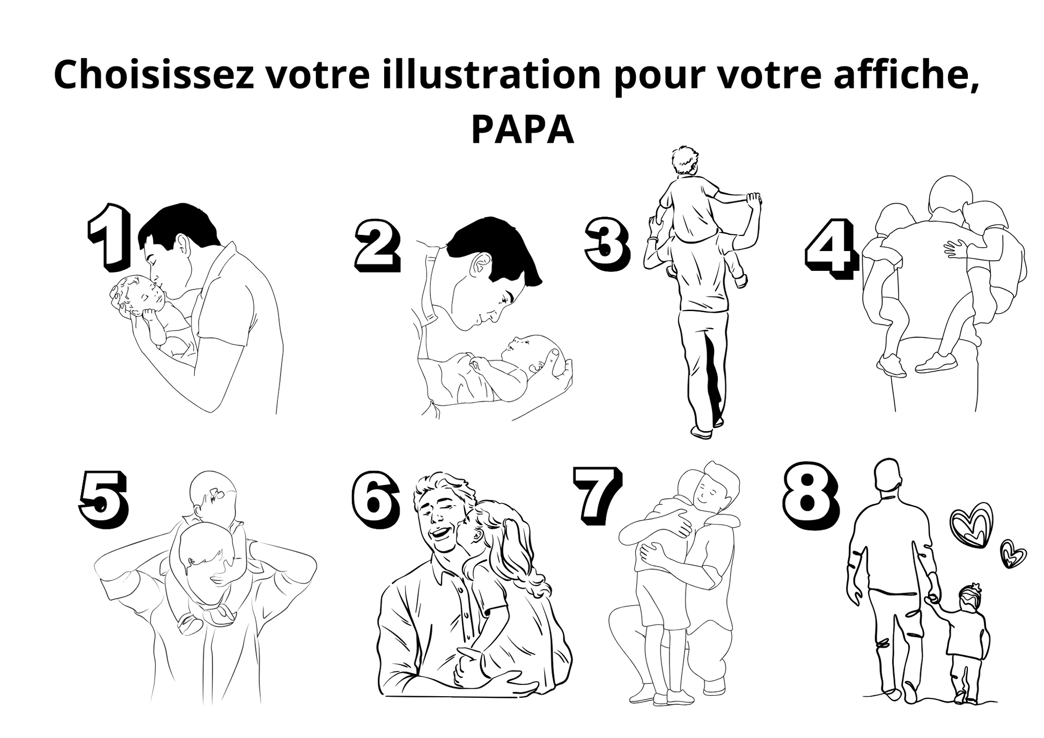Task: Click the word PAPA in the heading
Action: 522,130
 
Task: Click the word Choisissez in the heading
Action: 154,75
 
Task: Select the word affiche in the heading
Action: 906,75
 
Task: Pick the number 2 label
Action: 377,245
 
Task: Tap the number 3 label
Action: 607,242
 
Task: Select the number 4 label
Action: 830,248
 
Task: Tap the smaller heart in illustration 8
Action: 1013,553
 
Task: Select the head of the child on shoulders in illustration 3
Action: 685,159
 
